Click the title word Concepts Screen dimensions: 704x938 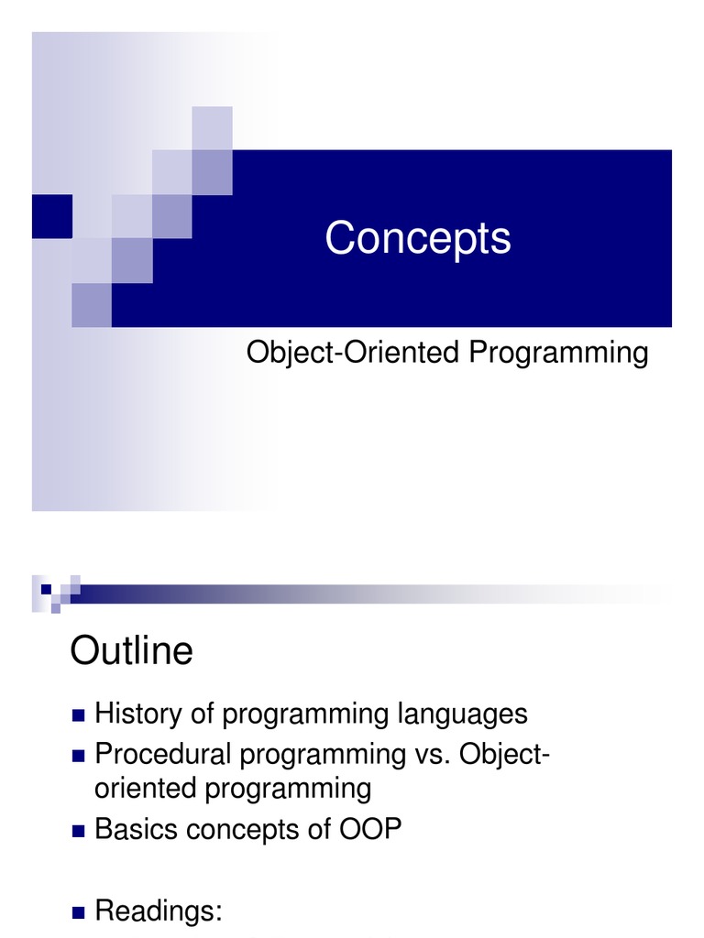[418, 239]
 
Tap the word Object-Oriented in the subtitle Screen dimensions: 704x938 [353, 353]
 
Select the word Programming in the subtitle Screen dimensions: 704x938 [558, 353]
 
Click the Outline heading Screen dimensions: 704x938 [132, 650]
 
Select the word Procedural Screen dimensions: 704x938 [163, 754]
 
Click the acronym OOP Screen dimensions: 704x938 [370, 830]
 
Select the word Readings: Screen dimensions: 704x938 [159, 911]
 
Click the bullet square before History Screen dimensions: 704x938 [79, 715]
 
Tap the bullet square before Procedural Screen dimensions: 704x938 [79, 756]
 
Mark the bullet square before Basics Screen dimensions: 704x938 [79, 831]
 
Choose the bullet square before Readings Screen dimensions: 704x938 [79, 912]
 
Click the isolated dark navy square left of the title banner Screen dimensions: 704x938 [52, 216]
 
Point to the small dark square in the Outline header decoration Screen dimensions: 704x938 [46, 590]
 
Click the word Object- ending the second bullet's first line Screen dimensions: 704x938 [505, 755]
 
